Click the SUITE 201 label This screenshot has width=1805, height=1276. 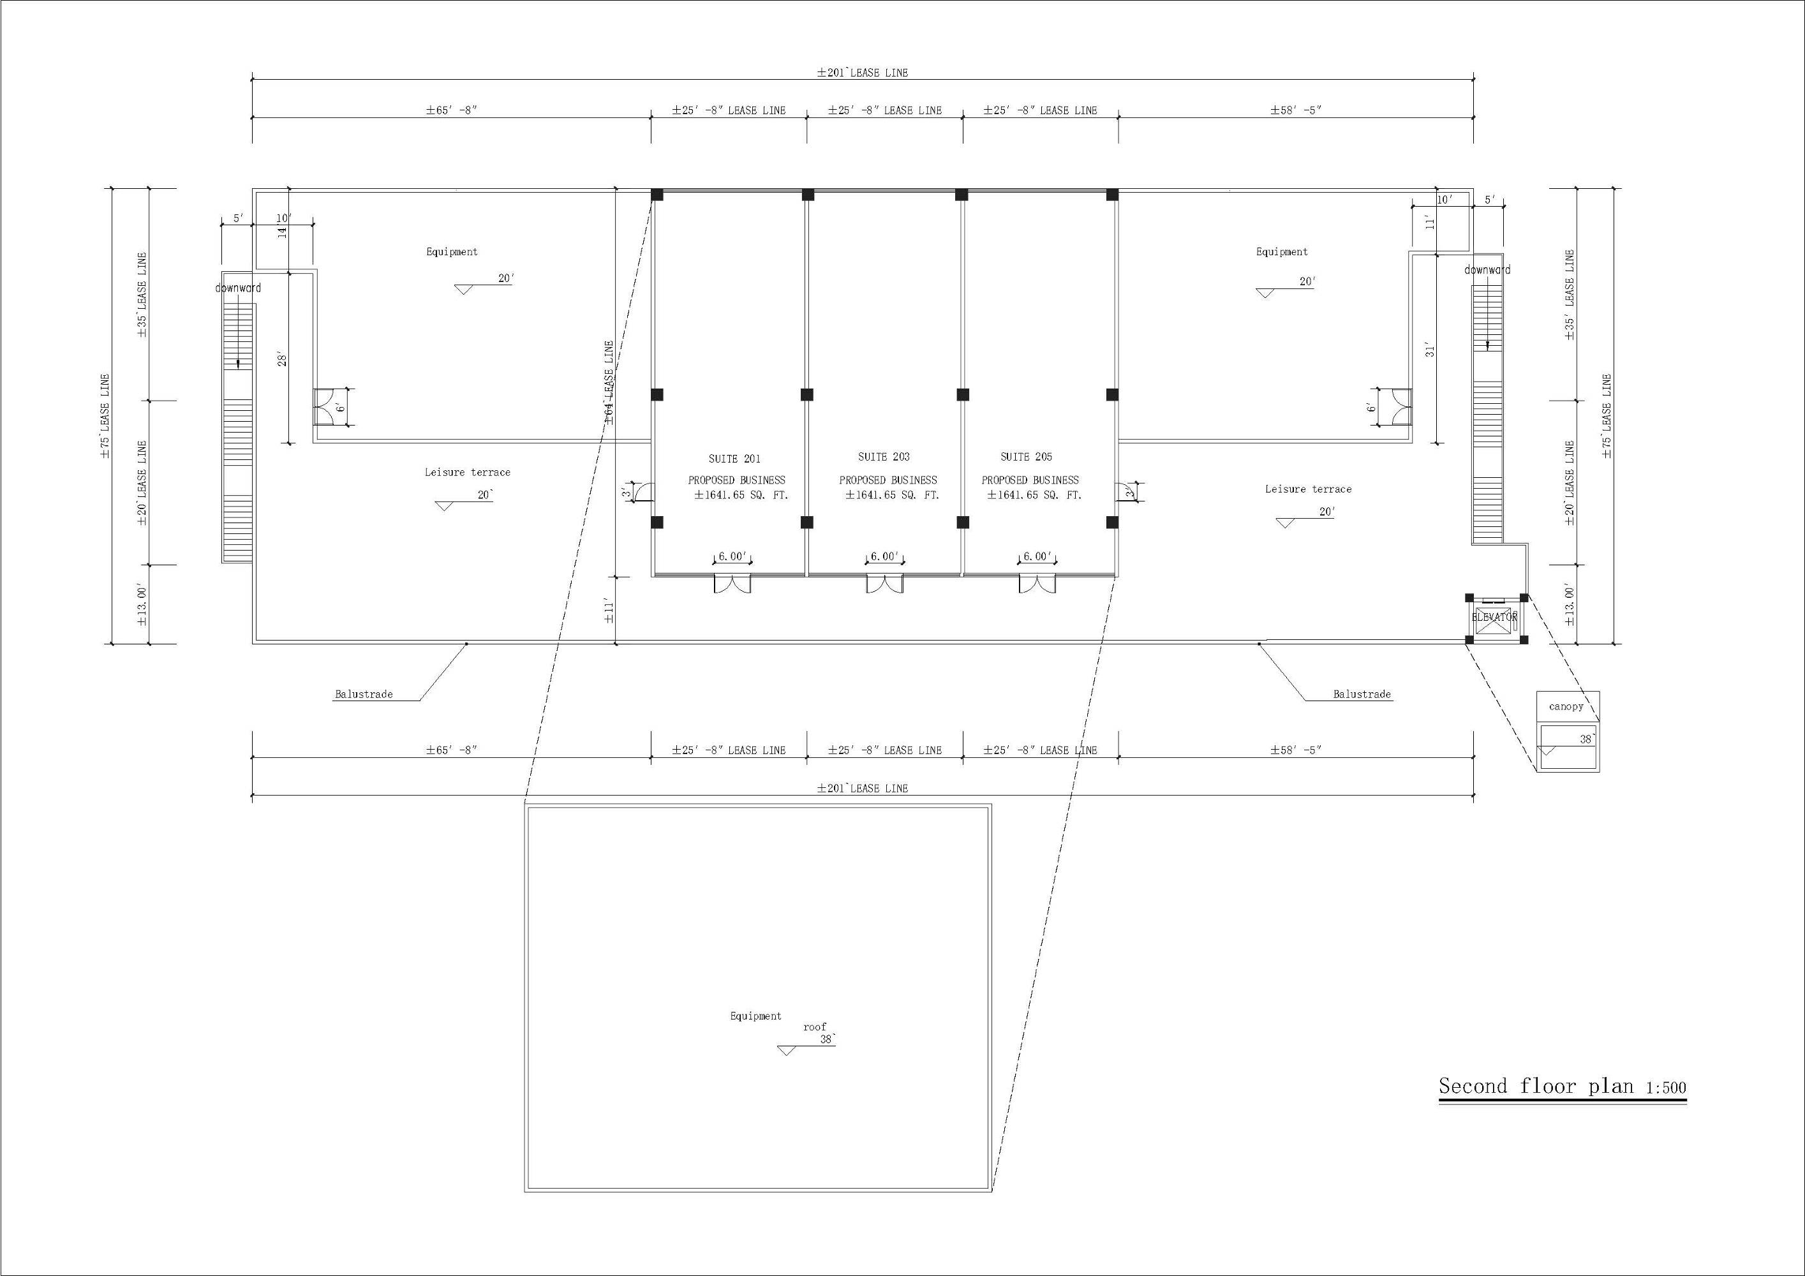[x=734, y=458]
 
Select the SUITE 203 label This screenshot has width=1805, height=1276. [x=884, y=456]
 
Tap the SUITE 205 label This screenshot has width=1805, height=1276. [x=1026, y=456]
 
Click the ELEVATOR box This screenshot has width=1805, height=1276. [x=1494, y=618]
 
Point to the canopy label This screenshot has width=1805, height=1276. [x=1566, y=706]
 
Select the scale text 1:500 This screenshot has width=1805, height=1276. [x=1666, y=1088]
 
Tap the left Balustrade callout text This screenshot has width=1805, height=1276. [x=363, y=694]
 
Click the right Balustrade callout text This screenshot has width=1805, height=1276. [x=1362, y=694]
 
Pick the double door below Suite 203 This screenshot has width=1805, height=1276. [x=884, y=583]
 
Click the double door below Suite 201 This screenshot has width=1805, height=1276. [x=732, y=583]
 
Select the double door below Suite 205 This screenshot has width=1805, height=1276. [x=1037, y=583]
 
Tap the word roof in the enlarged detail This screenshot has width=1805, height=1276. [x=814, y=1027]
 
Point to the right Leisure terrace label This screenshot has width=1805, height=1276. [x=1308, y=489]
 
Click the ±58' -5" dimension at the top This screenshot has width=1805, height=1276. [x=1296, y=110]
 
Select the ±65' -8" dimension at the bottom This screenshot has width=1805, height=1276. [x=451, y=750]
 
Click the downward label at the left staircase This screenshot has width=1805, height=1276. [x=238, y=288]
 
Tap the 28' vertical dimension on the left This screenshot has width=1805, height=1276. [x=282, y=359]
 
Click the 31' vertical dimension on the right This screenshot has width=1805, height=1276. [x=1430, y=350]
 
